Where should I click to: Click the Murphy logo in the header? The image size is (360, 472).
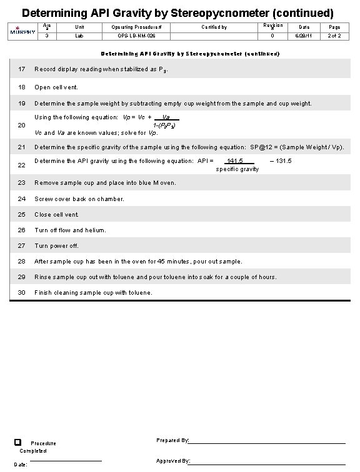[x=19, y=31]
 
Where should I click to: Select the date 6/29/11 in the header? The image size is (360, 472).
[x=304, y=36]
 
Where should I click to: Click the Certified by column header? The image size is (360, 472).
[x=214, y=27]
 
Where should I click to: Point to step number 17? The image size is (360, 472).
[x=21, y=69]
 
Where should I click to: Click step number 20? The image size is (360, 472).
[x=21, y=125]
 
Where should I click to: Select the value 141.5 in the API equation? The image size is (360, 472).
[x=235, y=161]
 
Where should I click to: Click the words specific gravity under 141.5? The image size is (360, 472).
[x=237, y=169]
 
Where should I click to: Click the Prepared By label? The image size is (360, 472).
[x=172, y=441]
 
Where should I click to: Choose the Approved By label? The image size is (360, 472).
[x=173, y=461]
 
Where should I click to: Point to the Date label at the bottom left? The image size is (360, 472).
[x=21, y=465]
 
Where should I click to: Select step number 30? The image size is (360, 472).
[x=21, y=292]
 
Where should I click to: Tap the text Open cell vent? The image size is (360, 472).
[x=56, y=87]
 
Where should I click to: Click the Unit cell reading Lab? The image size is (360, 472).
[x=79, y=36]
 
